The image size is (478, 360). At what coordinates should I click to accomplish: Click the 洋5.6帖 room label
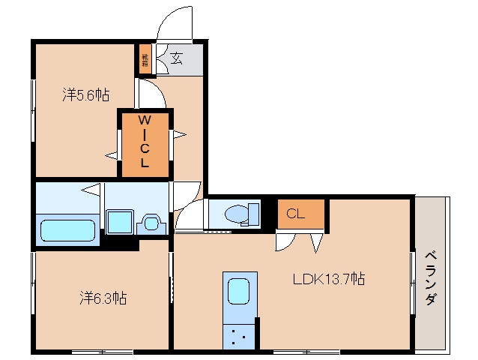[x=85, y=95]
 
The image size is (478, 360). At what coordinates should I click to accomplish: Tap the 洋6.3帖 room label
[x=103, y=298]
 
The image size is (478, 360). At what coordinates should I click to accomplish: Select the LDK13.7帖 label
[x=328, y=280]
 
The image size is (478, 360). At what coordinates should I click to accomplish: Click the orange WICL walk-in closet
[x=145, y=142]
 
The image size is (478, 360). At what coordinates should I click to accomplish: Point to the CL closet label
[x=296, y=214]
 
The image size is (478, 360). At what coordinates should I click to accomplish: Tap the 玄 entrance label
[x=176, y=58]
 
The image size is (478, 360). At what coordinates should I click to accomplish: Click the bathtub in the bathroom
[x=68, y=229]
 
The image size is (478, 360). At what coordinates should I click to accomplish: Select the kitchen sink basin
[x=239, y=289]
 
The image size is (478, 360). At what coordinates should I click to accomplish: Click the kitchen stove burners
[x=239, y=336]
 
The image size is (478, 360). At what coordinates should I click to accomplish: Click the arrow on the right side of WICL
[x=179, y=135]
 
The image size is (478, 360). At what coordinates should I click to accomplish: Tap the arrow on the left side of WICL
[x=112, y=155]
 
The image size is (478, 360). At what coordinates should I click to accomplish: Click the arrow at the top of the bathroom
[x=91, y=189]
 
